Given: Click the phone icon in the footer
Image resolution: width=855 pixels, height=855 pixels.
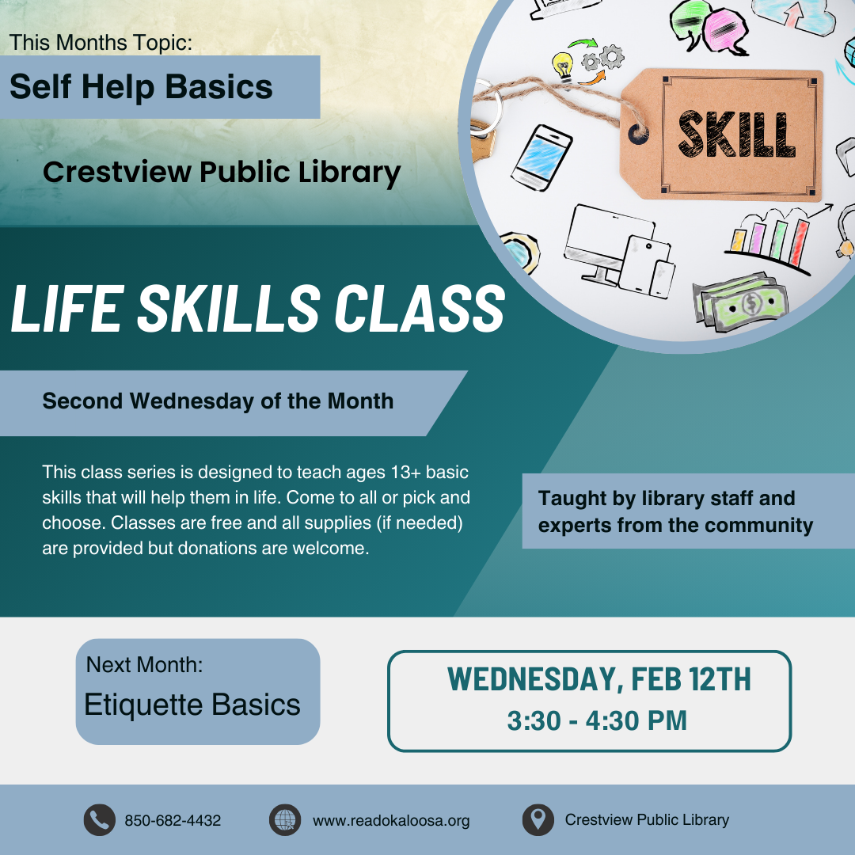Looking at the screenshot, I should point(99,820).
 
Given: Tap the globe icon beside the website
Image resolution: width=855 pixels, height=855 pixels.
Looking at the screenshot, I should point(285,820).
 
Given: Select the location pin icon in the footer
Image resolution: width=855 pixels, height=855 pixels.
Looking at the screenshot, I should point(538,820).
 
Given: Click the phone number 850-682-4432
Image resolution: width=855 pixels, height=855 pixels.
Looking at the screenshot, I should point(173,821).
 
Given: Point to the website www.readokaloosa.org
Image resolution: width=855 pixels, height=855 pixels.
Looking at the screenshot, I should point(391,821).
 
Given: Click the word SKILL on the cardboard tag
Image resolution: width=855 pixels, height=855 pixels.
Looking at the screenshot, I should point(736,135).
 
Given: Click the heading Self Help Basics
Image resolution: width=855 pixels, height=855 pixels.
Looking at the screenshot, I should point(141,86).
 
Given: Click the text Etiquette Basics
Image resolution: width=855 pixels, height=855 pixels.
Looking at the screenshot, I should point(192,705).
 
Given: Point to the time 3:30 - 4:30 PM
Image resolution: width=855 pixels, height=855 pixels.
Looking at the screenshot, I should point(597,720).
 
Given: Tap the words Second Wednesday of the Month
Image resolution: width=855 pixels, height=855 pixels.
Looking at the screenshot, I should point(218,401).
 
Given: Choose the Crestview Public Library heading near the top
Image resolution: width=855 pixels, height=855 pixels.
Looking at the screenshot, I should point(222,172).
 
